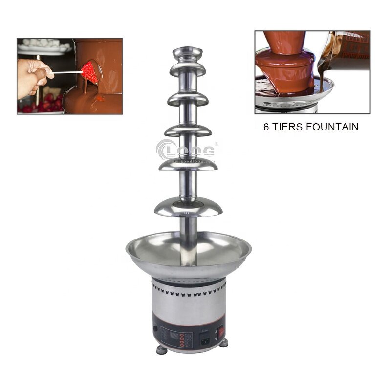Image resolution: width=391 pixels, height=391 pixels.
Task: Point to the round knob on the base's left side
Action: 155,328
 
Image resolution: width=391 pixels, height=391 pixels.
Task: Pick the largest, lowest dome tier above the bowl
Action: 189,208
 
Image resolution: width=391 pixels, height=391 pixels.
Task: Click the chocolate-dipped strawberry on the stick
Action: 90,72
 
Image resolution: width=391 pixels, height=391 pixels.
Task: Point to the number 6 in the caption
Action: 267,127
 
